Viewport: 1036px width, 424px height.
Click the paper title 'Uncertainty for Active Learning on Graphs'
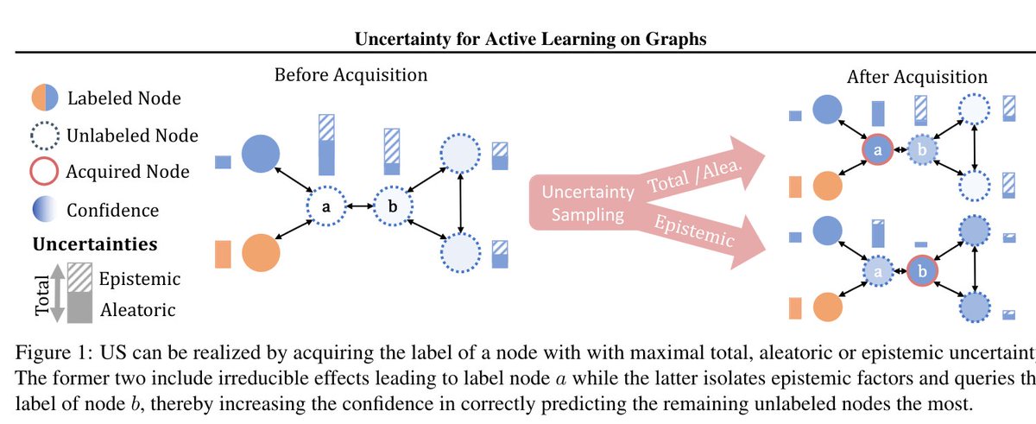517,38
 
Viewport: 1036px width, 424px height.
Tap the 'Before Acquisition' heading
351,75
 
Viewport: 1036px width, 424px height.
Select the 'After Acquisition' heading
917,77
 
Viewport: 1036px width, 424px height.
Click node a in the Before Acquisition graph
325,207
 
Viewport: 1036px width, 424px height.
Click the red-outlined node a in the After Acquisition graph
878,149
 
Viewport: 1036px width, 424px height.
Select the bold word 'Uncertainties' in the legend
95,244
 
